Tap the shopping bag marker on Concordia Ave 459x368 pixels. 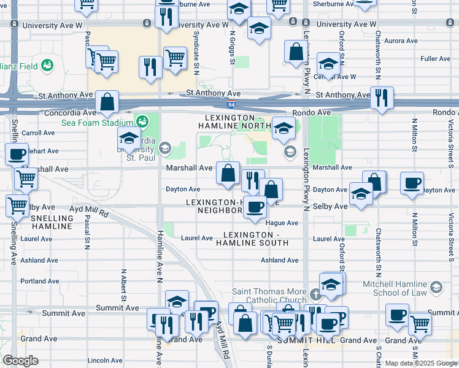pyautogui.click(x=107, y=102)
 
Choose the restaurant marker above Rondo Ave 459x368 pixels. pyautogui.click(x=382, y=98)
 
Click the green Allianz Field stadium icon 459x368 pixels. pyautogui.click(x=46, y=65)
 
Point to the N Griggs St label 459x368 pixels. pyautogui.click(x=233, y=48)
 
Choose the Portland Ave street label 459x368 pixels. pyautogui.click(x=39, y=282)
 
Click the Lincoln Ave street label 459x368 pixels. pyautogui.click(x=102, y=360)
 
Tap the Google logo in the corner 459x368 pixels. pyautogui.click(x=20, y=361)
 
